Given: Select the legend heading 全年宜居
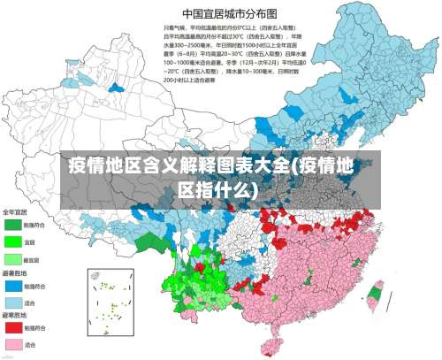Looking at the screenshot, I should click(14, 213).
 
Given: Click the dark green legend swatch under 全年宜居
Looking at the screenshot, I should click(12, 225).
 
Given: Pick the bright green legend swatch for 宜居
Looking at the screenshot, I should click(12, 241).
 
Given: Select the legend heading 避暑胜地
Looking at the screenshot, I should click(14, 275).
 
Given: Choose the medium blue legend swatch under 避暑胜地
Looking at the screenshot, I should click(12, 286).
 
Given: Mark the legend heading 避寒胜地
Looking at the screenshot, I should click(14, 315).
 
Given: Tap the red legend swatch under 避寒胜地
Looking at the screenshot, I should click(12, 326).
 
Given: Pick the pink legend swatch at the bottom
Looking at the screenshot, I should click(12, 343).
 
